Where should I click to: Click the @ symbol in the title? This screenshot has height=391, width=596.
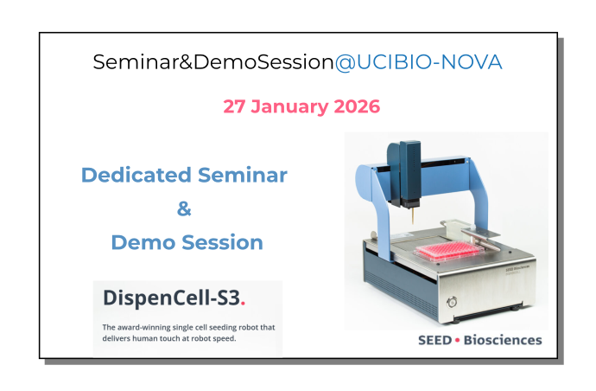[x=342, y=62]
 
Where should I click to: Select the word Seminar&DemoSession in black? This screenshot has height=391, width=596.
[x=212, y=62]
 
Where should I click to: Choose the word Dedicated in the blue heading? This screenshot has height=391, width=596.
[x=135, y=175]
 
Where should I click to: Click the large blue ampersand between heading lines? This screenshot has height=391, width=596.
[x=183, y=208]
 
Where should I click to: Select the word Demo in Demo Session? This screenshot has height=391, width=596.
[x=143, y=242]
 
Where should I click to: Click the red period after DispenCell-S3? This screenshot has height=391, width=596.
[x=244, y=304]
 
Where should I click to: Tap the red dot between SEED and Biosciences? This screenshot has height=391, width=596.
[x=457, y=341]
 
